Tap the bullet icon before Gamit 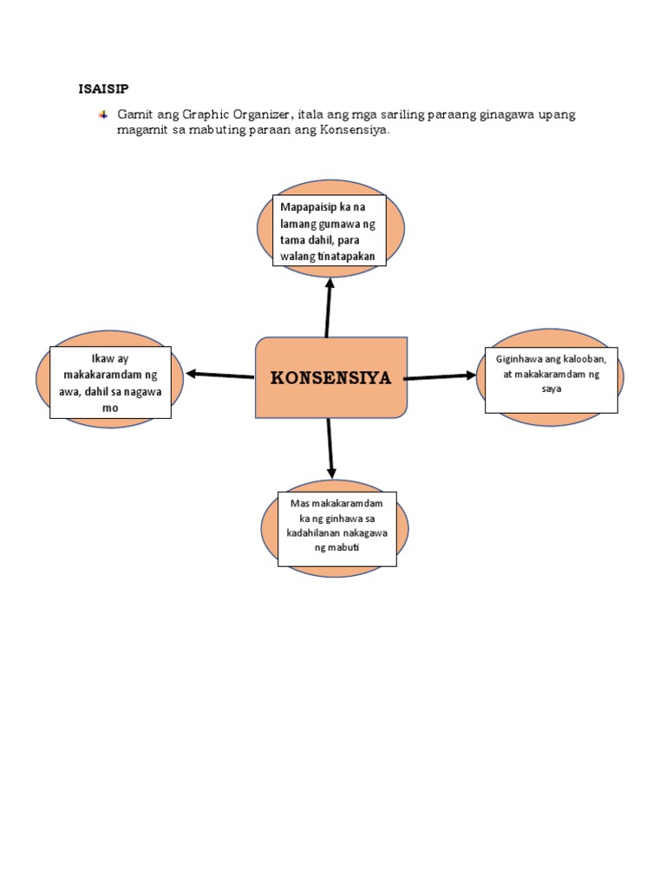pos(104,115)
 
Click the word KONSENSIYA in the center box pos(330,378)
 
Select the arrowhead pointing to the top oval pos(330,283)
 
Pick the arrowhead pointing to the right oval pos(470,375)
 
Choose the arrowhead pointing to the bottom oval pos(331,471)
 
